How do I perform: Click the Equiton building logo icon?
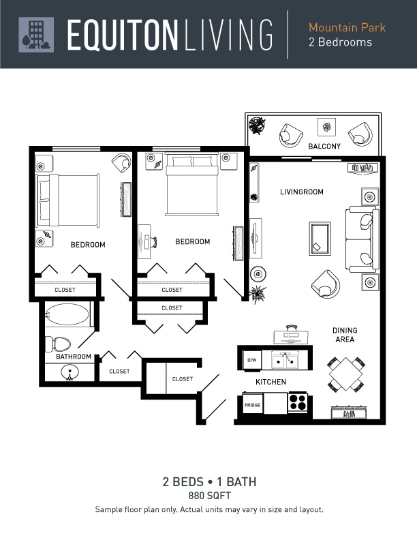[36, 35]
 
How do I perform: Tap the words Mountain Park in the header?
[347, 27]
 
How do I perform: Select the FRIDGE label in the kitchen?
[252, 405]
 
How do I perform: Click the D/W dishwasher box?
[252, 360]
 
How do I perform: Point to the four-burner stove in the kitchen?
[298, 402]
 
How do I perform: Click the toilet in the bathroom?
[58, 344]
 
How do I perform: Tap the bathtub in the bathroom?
[67, 314]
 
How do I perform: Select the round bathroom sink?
[69, 373]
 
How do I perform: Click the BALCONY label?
[324, 147]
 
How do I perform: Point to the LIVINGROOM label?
[301, 192]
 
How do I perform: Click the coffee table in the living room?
[320, 239]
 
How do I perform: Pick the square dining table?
[345, 374]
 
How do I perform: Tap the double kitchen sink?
[285, 360]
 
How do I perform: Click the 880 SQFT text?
[210, 496]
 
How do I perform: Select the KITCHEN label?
[271, 382]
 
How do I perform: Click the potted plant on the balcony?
[257, 125]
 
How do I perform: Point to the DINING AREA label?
[345, 335]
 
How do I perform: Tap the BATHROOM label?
[74, 357]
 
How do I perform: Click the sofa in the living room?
[362, 239]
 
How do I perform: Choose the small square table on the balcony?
[326, 127]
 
